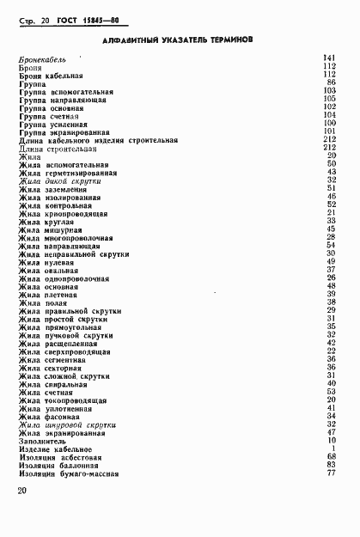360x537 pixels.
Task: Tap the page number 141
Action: tap(329, 58)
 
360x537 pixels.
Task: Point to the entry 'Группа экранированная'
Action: tap(64, 131)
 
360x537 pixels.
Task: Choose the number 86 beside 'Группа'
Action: tap(331, 82)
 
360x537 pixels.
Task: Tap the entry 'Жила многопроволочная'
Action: tap(66, 236)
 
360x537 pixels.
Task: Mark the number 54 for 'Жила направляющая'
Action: tap(331, 245)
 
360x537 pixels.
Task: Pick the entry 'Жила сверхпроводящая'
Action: tap(65, 350)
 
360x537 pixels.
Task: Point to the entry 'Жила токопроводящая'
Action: tap(63, 400)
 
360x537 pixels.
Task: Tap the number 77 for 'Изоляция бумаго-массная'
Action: tap(331, 473)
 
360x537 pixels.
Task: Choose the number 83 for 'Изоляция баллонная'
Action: tap(331, 465)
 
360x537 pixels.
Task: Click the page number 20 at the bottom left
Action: tap(22, 491)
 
